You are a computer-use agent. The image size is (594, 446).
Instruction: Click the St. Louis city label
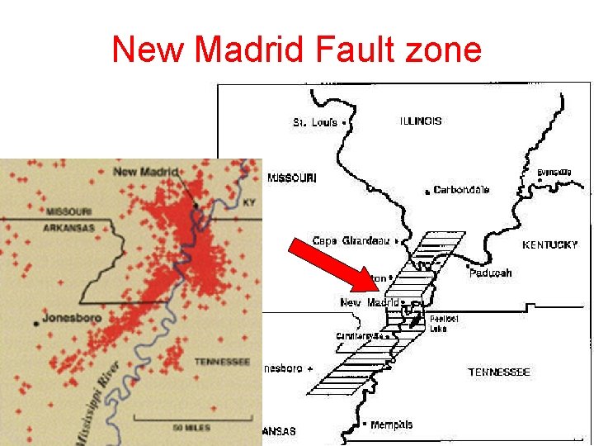(x=315, y=122)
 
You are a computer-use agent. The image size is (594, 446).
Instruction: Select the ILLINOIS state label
(x=421, y=121)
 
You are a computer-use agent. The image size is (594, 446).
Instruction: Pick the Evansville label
(x=554, y=172)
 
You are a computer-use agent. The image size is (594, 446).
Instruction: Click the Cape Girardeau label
(x=350, y=241)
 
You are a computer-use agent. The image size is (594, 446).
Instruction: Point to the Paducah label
(x=491, y=273)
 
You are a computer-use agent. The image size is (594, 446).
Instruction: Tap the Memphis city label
(x=391, y=425)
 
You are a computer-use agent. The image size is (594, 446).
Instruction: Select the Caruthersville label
(x=356, y=336)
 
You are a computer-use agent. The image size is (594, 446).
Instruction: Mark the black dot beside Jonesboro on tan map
(x=36, y=324)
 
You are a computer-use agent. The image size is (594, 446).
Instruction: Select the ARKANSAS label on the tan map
(x=70, y=227)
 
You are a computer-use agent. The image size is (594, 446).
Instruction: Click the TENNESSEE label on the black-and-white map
(x=499, y=372)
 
